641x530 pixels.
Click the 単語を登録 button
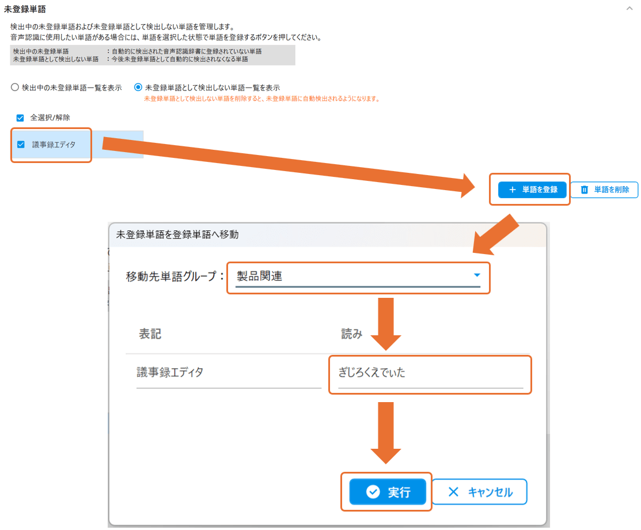pyautogui.click(x=532, y=190)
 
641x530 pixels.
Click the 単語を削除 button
pyautogui.click(x=604, y=190)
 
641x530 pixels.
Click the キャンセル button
pyautogui.click(x=479, y=492)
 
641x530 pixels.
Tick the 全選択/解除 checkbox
pyautogui.click(x=20, y=118)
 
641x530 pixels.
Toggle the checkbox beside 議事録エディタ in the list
pyautogui.click(x=21, y=144)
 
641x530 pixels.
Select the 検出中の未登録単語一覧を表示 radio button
pyautogui.click(x=15, y=88)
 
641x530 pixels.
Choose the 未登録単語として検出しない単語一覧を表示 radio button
pyautogui.click(x=138, y=88)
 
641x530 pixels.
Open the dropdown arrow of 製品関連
pyautogui.click(x=476, y=275)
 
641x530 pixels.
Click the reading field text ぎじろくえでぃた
pyautogui.click(x=372, y=373)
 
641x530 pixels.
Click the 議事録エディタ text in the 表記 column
pyautogui.click(x=170, y=372)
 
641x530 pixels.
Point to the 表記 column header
pyautogui.click(x=150, y=334)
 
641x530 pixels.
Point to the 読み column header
pyautogui.click(x=351, y=334)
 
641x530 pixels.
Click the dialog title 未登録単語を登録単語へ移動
pyautogui.click(x=177, y=234)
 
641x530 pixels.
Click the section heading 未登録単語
pyautogui.click(x=25, y=9)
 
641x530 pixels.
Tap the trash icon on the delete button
pyautogui.click(x=584, y=190)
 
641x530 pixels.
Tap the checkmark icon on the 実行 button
pyautogui.click(x=373, y=492)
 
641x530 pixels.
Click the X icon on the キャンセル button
pyautogui.click(x=453, y=492)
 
